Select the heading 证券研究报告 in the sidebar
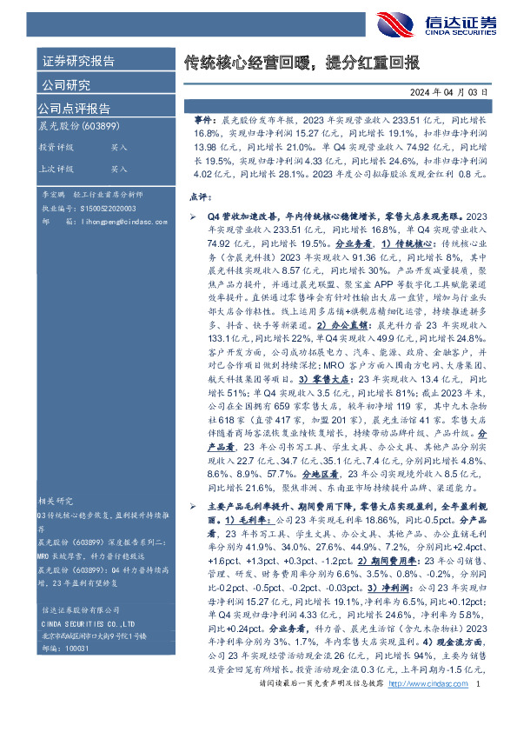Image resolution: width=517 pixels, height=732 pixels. (78, 62)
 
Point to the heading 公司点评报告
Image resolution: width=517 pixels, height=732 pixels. (74, 109)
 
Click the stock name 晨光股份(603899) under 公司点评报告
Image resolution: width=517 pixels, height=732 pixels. (77, 126)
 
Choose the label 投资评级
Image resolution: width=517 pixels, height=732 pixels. (56, 148)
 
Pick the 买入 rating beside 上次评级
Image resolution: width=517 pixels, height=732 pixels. (119, 169)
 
